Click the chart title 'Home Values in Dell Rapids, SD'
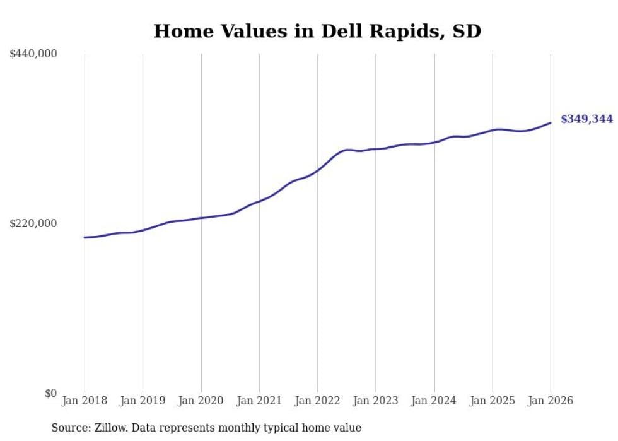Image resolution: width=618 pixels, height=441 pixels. pyautogui.click(x=317, y=31)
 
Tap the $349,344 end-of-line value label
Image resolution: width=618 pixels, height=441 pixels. pyautogui.click(x=586, y=119)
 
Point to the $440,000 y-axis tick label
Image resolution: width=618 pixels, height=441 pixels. pyautogui.click(x=33, y=54)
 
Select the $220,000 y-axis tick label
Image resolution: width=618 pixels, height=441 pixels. pyautogui.click(x=33, y=223)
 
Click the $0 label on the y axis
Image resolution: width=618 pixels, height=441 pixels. pyautogui.click(x=50, y=393)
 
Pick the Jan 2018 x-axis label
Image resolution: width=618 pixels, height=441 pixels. pyautogui.click(x=85, y=401)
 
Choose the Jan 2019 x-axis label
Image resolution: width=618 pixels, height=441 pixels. pyautogui.click(x=143, y=401)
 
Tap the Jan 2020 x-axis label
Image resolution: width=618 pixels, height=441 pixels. pyautogui.click(x=201, y=401)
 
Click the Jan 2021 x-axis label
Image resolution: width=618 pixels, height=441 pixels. pyautogui.click(x=259, y=401)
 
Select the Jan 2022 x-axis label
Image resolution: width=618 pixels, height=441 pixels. pyautogui.click(x=318, y=401)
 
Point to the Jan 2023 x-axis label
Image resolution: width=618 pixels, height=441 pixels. pyautogui.click(x=376, y=401)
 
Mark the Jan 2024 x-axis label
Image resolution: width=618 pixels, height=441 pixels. pyautogui.click(x=434, y=401)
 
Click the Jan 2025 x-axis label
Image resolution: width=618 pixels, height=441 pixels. pyautogui.click(x=493, y=401)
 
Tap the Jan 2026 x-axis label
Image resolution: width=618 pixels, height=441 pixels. pyautogui.click(x=551, y=401)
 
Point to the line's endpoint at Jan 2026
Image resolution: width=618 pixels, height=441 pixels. pyautogui.click(x=551, y=123)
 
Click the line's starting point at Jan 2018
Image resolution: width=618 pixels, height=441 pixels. pyautogui.click(x=85, y=237)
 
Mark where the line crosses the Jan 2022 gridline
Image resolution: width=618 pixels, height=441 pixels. pyautogui.click(x=318, y=169)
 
